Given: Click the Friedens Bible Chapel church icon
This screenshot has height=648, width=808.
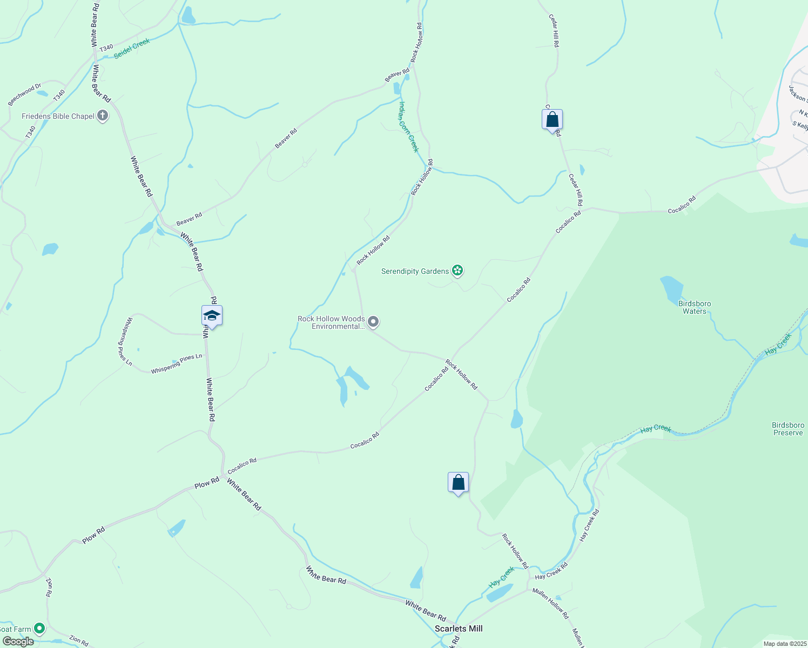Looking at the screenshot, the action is (103, 116).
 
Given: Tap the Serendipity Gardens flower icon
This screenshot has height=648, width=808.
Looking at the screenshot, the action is (457, 271).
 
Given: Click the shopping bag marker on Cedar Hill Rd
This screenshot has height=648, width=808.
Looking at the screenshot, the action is (552, 120).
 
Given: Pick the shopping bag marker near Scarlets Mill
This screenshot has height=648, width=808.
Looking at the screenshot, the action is (458, 483).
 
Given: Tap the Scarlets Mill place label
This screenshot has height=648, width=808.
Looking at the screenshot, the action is (459, 629).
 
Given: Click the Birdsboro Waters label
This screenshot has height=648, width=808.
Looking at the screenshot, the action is (695, 307).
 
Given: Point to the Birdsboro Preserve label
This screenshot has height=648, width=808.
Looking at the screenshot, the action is (788, 429).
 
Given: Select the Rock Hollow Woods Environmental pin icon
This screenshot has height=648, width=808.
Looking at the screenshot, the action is (373, 322).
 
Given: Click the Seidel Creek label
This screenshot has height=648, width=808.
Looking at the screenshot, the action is (131, 49).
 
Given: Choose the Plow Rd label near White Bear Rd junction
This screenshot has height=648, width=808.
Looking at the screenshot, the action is (207, 483).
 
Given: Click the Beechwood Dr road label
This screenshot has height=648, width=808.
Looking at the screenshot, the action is (24, 94).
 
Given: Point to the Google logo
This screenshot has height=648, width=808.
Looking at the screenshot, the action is (18, 642).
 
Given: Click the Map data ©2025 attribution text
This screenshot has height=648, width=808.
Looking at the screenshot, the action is (784, 644).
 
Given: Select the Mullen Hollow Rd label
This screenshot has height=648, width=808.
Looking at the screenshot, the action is (550, 603).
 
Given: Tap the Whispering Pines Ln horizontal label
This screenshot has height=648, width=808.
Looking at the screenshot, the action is (177, 363).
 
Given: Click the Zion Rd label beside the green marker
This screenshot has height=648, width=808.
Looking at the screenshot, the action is (78, 640).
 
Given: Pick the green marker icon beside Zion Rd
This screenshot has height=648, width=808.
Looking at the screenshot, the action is (39, 629).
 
